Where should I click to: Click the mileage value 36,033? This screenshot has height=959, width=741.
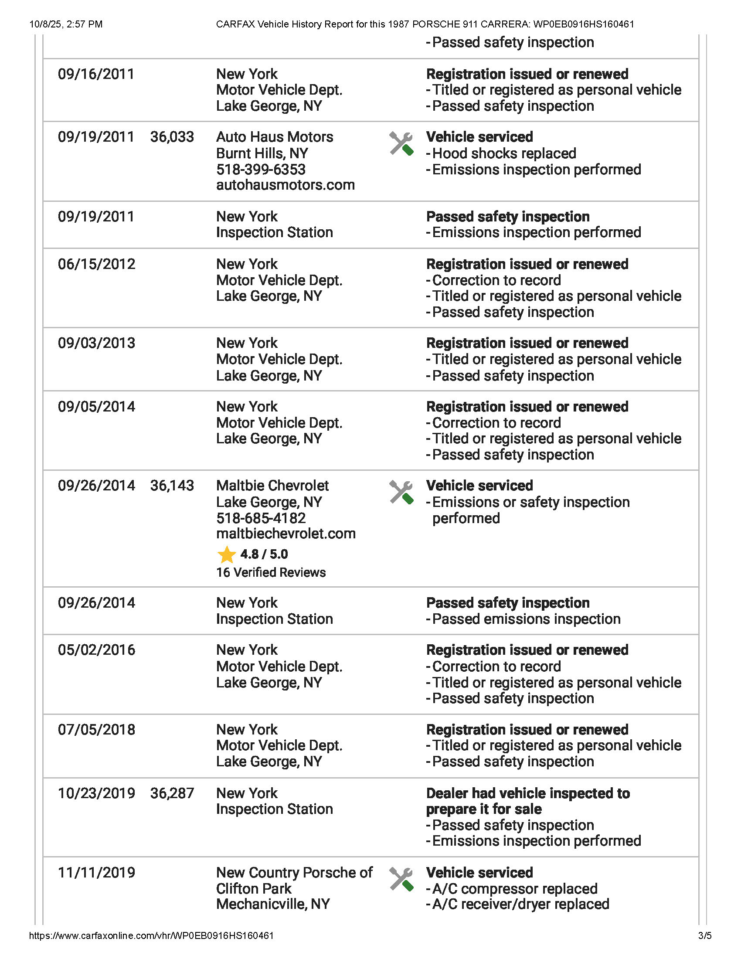point(172,137)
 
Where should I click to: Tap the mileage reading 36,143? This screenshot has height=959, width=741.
point(172,486)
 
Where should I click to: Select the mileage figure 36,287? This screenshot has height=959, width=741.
point(172,793)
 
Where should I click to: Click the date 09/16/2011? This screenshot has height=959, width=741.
point(96,74)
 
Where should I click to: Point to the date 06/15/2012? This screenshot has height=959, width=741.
point(97,264)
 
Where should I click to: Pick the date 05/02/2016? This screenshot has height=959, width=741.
point(97,650)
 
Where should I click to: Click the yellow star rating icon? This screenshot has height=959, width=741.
point(227,554)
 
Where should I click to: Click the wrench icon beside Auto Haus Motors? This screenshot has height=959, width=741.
point(401,143)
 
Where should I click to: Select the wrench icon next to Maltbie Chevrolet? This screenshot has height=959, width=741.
point(401,492)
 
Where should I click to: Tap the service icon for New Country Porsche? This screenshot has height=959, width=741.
point(401,879)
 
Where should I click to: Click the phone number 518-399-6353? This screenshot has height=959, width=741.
point(261,170)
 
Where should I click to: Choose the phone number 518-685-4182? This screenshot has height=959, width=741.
point(261,518)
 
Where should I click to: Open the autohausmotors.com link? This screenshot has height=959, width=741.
point(286,185)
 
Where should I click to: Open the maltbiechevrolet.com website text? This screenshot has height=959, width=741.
point(286,534)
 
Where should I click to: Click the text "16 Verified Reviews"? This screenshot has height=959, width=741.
point(271,573)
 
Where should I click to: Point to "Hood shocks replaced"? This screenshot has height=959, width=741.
point(504,154)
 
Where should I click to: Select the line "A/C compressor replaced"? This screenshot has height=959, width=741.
point(514,888)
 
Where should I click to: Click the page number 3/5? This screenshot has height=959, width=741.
point(704,936)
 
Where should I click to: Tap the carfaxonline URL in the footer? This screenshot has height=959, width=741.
point(151,936)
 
